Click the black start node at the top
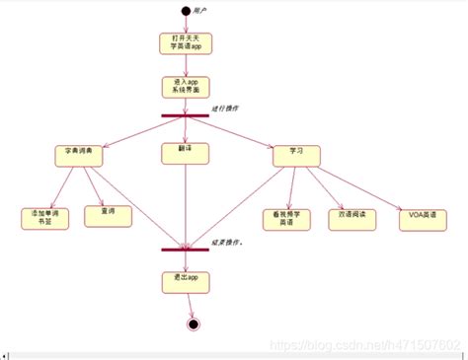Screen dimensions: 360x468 [185, 11]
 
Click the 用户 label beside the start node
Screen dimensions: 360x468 [200, 10]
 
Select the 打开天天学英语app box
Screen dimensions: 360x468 [186, 43]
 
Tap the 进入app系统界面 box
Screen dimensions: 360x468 [186, 87]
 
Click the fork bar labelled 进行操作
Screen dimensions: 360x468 [186, 116]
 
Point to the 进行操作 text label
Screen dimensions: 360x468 [225, 108]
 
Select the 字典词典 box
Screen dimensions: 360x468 [78, 156]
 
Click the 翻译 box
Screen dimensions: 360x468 [186, 153]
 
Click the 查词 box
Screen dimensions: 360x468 [108, 215]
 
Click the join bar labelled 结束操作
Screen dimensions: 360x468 [186, 249]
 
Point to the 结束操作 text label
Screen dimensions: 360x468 [229, 242]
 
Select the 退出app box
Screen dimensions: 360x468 [186, 281]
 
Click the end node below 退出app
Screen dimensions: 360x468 [194, 324]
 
